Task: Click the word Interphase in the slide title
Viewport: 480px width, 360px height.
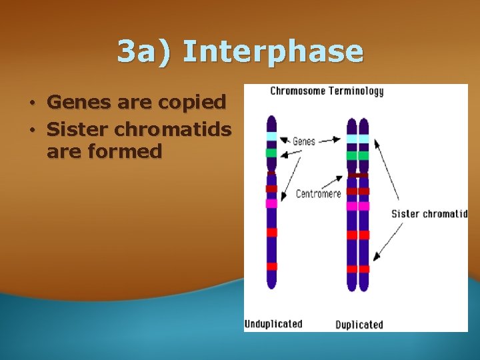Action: tap(273, 52)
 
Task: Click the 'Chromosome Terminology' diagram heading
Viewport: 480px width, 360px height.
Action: tap(327, 91)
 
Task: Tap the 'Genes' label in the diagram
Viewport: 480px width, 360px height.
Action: tap(304, 141)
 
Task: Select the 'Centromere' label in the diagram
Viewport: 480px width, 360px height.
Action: tap(318, 194)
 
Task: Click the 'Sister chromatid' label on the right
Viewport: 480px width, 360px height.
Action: tap(429, 214)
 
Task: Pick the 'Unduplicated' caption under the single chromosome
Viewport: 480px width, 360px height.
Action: tap(273, 324)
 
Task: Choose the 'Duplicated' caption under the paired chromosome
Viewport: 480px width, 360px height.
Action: tap(359, 325)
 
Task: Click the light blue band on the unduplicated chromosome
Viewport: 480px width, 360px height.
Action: tap(271, 137)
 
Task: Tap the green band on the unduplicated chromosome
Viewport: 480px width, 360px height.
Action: tap(271, 153)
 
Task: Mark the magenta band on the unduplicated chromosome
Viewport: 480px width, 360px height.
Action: tap(271, 203)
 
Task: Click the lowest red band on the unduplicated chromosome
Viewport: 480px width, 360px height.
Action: tap(271, 267)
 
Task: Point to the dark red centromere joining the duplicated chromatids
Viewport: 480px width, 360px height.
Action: tap(358, 175)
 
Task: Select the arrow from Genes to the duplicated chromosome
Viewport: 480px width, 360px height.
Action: tap(331, 141)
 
